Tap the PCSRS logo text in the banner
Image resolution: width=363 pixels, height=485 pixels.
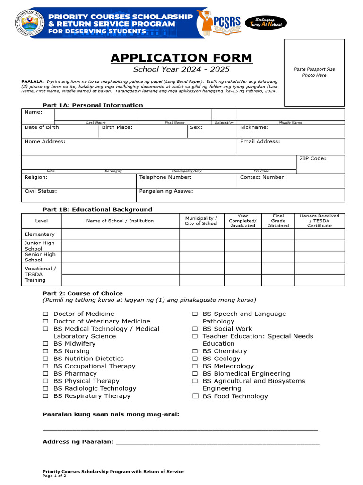[227, 22]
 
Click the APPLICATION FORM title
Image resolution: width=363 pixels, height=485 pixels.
[181, 58]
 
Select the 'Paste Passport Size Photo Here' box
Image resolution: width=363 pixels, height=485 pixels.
[314, 72]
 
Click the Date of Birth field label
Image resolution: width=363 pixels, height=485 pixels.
[43, 127]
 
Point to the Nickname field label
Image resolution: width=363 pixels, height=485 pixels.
[254, 127]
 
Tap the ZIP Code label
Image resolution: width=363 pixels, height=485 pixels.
[312, 159]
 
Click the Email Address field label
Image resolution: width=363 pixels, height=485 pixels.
[259, 142]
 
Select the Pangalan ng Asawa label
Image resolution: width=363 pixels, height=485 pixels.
[166, 192]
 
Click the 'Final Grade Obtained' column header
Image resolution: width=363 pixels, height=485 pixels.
[278, 221]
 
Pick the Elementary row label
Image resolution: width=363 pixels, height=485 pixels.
[40, 234]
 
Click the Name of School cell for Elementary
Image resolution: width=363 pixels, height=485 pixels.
[120, 234]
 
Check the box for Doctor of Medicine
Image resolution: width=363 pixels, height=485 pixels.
[46, 314]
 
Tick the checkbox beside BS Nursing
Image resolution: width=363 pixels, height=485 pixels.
[46, 351]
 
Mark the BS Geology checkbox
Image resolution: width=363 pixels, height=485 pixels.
[195, 359]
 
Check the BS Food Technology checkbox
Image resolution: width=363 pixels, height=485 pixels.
[195, 396]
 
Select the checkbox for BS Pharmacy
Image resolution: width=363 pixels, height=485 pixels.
[46, 374]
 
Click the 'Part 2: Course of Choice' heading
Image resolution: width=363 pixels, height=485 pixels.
[83, 293]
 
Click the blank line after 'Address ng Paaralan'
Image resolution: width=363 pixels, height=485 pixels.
[217, 442]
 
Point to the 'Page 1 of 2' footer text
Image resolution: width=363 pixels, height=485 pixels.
[54, 476]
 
